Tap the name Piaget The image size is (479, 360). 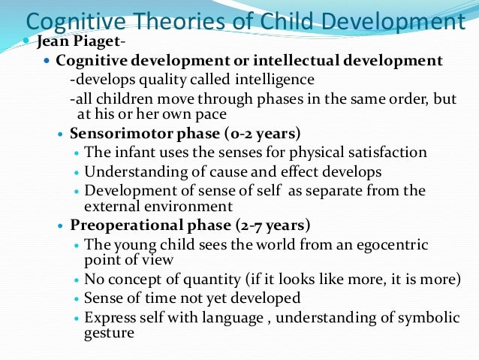[86, 41]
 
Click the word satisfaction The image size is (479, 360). [387, 153]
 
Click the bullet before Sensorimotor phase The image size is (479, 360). [62, 135]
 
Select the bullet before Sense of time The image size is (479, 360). [77, 298]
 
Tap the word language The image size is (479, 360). [214, 316]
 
